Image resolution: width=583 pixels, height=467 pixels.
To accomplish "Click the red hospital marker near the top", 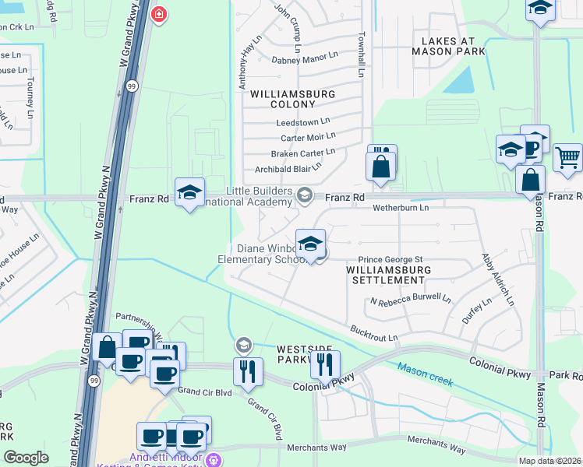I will tap(159, 15).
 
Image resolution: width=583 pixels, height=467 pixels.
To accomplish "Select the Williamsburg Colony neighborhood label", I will tap(292, 99).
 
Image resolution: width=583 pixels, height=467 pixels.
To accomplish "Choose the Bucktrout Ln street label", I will tap(374, 332).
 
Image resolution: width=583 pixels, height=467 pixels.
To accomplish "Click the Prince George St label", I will tap(390, 259).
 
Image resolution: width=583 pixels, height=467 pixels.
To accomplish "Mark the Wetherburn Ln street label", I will tap(401, 208).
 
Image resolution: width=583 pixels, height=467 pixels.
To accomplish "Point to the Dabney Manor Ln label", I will tap(305, 59).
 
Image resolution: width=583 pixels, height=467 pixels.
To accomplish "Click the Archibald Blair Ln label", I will tap(288, 169).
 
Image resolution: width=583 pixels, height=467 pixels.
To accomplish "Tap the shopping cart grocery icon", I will tap(567, 158).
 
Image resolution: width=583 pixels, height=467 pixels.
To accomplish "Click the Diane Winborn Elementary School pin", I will tap(310, 244).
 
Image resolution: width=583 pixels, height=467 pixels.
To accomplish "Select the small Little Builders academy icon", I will tap(306, 195).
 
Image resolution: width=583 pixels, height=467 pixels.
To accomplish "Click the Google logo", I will tap(26, 458).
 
